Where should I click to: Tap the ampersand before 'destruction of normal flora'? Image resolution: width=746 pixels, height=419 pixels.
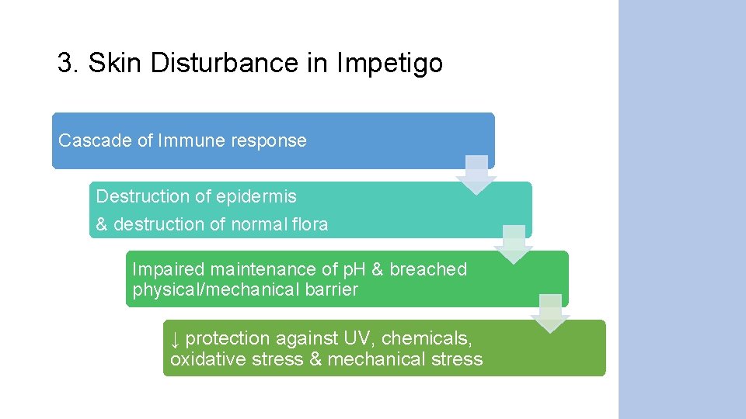coord(102,224)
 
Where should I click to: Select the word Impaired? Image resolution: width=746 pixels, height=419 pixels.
coord(168,269)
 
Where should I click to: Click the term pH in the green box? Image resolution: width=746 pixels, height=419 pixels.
coord(354,269)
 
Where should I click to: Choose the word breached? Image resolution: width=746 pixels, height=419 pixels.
coord(428,269)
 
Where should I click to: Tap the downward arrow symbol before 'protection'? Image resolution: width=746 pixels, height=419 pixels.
coord(176,339)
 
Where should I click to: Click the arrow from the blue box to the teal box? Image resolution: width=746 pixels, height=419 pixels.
coord(476,175)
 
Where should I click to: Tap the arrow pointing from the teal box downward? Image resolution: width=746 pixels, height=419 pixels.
coord(513,244)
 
